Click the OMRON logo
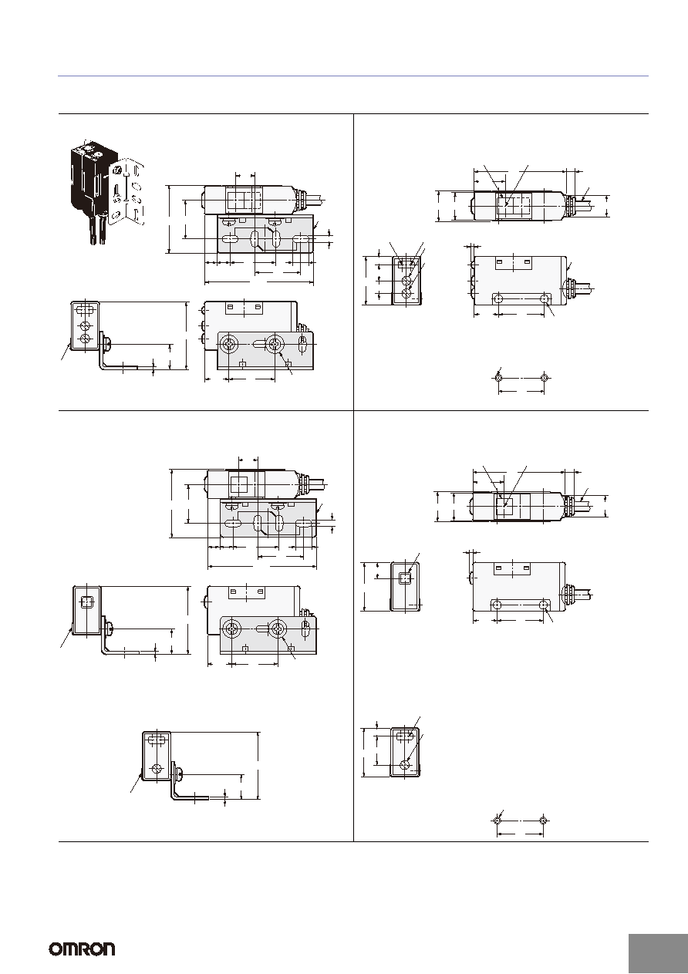[x=83, y=949]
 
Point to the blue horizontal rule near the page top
[x=353, y=76]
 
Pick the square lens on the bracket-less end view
[x=406, y=578]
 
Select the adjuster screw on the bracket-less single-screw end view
[x=406, y=764]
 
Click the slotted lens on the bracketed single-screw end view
[x=157, y=740]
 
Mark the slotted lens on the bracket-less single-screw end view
[x=406, y=735]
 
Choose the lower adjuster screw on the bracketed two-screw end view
[x=86, y=339]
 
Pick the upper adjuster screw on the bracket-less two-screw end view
[x=407, y=281]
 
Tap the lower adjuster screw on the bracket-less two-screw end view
[x=407, y=295]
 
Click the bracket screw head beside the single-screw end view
[x=179, y=774]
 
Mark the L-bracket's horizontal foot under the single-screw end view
[x=191, y=798]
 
